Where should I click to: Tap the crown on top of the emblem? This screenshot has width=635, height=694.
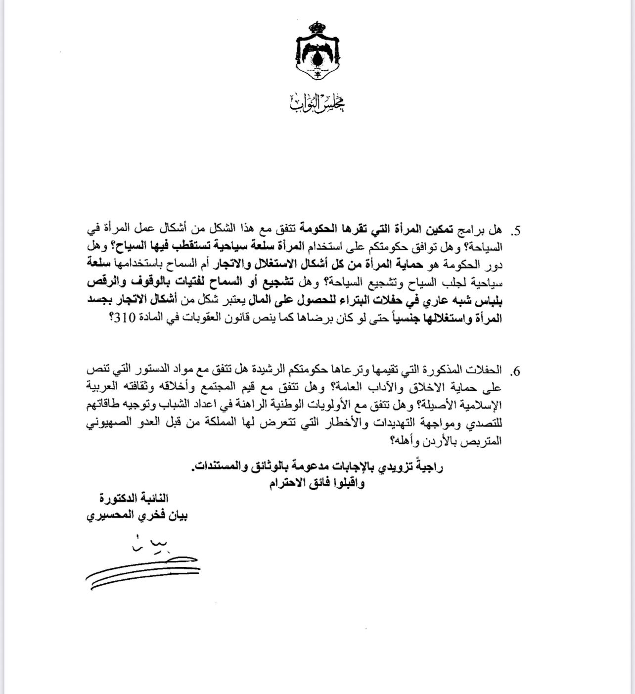tap(317, 26)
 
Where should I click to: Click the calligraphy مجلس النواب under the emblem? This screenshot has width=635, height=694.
tap(317, 101)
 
